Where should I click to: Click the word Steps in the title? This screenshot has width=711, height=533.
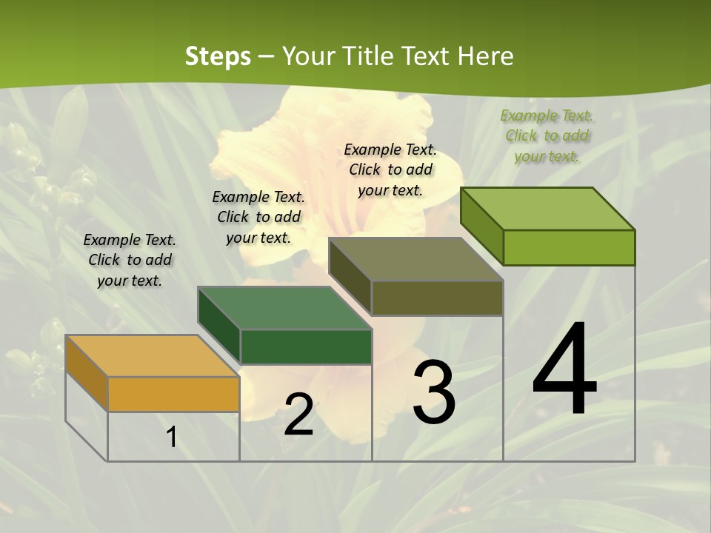point(218,56)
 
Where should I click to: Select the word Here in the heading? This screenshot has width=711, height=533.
point(485,56)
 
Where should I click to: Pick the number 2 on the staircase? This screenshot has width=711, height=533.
point(298,415)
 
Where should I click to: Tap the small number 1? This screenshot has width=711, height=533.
point(172,437)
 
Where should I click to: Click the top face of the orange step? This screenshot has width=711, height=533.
point(152,356)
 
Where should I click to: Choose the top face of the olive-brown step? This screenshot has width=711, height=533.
point(415,259)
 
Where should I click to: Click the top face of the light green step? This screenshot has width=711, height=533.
point(547,209)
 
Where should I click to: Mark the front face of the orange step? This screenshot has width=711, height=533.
point(173,394)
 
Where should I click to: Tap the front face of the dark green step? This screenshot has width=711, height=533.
point(306,346)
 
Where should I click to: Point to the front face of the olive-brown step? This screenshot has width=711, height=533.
point(437,298)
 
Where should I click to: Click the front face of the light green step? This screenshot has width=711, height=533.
point(569,247)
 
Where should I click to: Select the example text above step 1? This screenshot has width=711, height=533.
point(130,260)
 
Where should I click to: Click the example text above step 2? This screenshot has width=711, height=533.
point(258,217)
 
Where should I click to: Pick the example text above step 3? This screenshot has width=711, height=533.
point(390,170)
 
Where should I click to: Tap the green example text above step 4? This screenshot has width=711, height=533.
point(547,135)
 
